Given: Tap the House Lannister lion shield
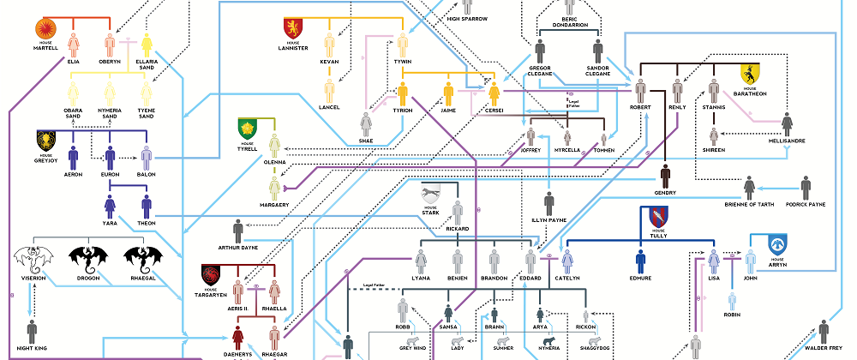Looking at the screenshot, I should (293, 28).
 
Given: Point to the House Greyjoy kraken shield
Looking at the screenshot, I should (45, 139).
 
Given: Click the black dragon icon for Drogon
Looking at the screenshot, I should (87, 257).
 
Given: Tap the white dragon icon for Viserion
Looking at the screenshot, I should (33, 257).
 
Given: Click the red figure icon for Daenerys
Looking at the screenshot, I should (241, 337).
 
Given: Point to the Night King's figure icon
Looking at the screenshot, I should (33, 332).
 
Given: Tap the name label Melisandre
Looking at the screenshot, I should (786, 141).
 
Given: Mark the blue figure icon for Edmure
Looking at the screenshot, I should (640, 261).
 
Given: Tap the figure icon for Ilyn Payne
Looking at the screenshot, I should (549, 204).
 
